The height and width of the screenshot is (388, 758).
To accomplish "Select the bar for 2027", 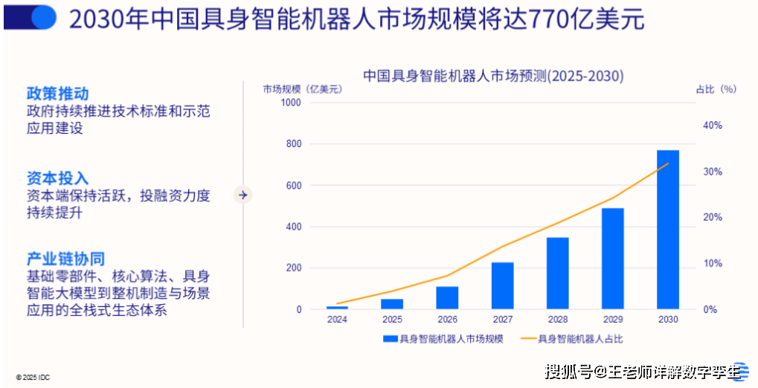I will pyautogui.click(x=502, y=285).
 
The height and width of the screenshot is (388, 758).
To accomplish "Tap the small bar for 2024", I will pyautogui.click(x=337, y=307).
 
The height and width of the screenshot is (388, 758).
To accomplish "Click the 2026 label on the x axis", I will pyautogui.click(x=447, y=320).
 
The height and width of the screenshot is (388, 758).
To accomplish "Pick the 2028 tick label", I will pyautogui.click(x=557, y=320).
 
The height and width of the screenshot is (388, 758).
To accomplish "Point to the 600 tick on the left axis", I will pyautogui.click(x=294, y=185).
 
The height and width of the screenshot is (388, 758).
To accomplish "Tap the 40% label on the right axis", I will pyautogui.click(x=712, y=126).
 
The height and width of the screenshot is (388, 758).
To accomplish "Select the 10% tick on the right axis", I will pyautogui.click(x=712, y=263).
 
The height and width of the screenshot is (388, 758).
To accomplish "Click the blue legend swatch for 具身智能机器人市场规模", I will pyautogui.click(x=390, y=339).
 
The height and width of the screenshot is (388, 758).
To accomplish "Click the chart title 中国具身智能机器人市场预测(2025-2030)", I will pyautogui.click(x=492, y=76).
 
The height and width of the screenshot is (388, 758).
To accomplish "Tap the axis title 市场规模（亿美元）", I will pyautogui.click(x=301, y=89).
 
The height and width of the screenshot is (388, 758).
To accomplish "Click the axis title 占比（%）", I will pyautogui.click(x=715, y=89).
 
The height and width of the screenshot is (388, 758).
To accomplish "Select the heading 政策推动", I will pyautogui.click(x=57, y=94).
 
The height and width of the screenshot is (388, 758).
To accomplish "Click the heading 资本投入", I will pyautogui.click(x=57, y=178).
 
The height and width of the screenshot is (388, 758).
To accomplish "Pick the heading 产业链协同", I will pyautogui.click(x=65, y=259).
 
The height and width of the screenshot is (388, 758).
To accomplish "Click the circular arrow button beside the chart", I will pyautogui.click(x=243, y=195).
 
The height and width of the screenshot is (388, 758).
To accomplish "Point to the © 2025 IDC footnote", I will pyautogui.click(x=33, y=378).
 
